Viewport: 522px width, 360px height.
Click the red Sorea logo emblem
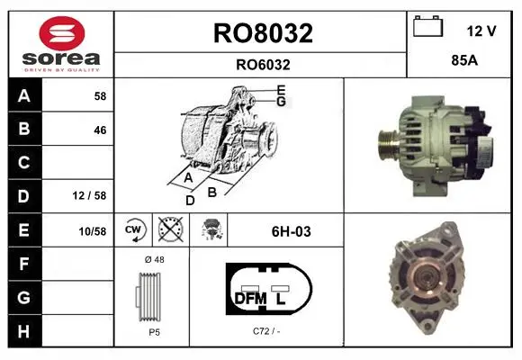pyautogui.click(x=62, y=33)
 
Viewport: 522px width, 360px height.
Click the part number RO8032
pyautogui.click(x=263, y=33)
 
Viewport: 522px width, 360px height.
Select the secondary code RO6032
pyautogui.click(x=263, y=65)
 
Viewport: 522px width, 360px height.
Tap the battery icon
pyautogui.click(x=427, y=26)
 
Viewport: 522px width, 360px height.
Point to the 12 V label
pyautogui.click(x=481, y=31)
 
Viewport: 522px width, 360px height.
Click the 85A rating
pyautogui.click(x=464, y=60)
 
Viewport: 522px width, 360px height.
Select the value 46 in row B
pyautogui.click(x=100, y=130)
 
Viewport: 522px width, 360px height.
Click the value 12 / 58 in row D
pyautogui.click(x=89, y=195)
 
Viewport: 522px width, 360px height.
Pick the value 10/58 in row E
pyautogui.click(x=92, y=231)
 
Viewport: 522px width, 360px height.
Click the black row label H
pyautogui.click(x=25, y=331)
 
